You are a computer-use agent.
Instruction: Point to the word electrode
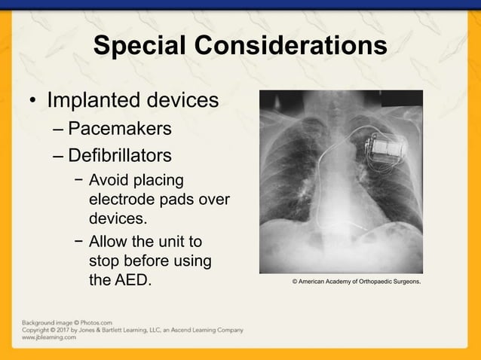124,200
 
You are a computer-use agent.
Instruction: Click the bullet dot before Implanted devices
32,102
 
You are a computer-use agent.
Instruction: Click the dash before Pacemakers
59,130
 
